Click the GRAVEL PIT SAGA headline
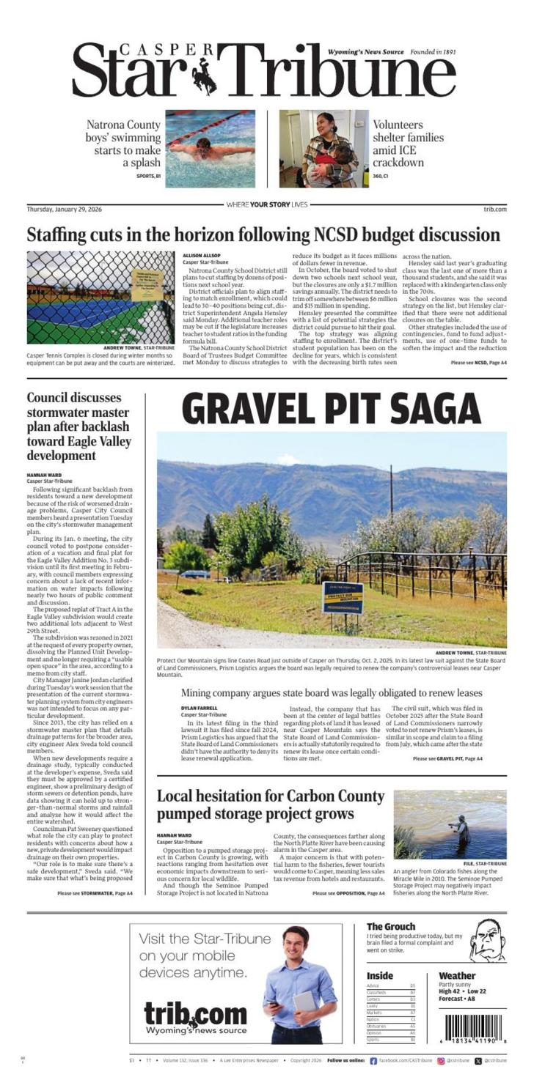(331, 409)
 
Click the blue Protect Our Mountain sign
(343, 597)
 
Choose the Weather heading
(457, 975)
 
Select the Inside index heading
(380, 975)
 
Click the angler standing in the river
(462, 829)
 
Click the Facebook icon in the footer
(373, 1060)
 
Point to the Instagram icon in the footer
(441, 1060)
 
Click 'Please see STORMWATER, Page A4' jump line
(95, 893)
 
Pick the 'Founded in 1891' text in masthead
(433, 52)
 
